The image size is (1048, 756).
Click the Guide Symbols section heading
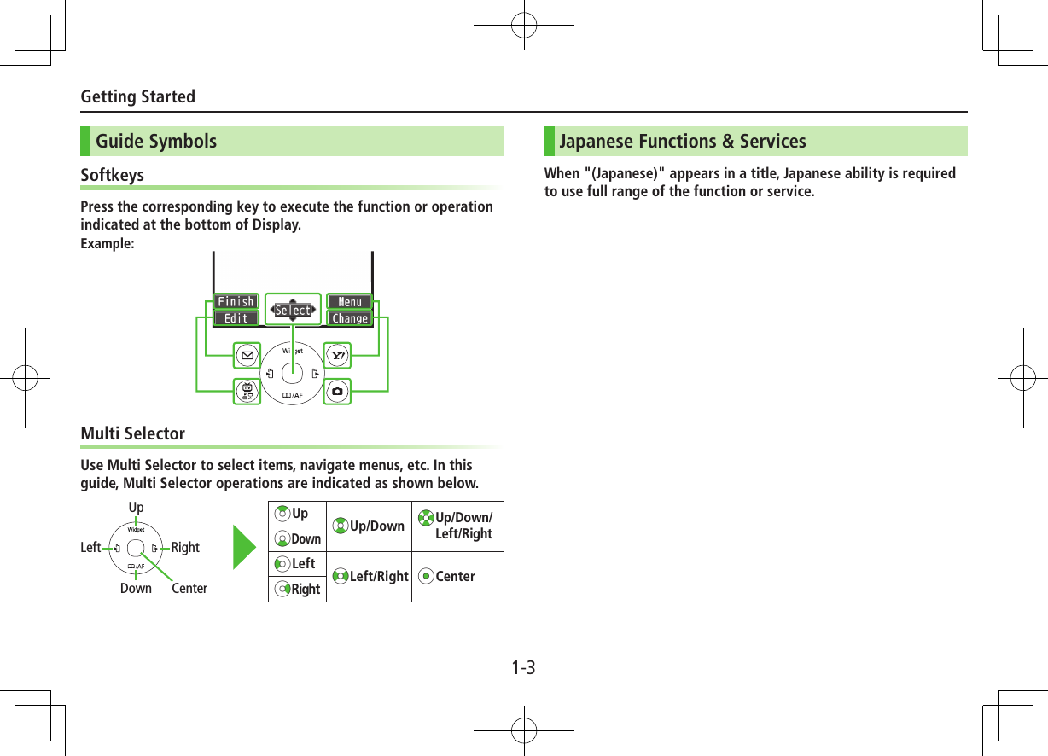pyautogui.click(x=156, y=142)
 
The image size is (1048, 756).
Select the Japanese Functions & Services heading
pyautogui.click(x=682, y=142)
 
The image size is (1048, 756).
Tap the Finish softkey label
pyautogui.click(x=236, y=302)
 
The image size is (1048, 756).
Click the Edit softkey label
pyautogui.click(x=236, y=318)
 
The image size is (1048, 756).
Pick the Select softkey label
pyautogui.click(x=293, y=311)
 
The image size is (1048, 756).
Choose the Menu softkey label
pyautogui.click(x=350, y=302)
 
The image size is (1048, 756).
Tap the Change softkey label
pyautogui.click(x=350, y=318)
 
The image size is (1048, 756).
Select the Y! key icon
pyautogui.click(x=338, y=354)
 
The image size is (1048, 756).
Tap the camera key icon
pyautogui.click(x=338, y=392)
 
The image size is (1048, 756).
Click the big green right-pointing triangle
pyautogui.click(x=246, y=551)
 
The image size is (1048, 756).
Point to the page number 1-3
pyautogui.click(x=524, y=667)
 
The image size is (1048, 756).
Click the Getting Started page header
pyautogui.click(x=137, y=96)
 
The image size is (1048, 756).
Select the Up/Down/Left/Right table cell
pyautogui.click(x=457, y=526)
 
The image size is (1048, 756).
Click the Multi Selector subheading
pyautogui.click(x=132, y=433)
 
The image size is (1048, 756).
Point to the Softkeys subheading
pyautogui.click(x=112, y=175)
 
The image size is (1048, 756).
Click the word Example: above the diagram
pyautogui.click(x=107, y=244)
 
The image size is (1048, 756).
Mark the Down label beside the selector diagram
pyautogui.click(x=136, y=589)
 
